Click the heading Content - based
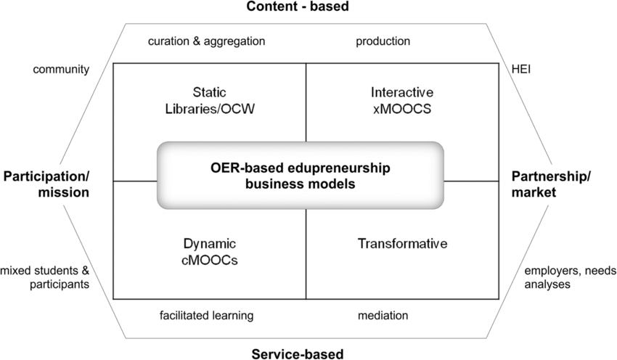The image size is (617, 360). pos(298,7)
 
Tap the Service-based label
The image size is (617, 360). pos(298,353)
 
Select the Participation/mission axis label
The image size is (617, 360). pos(45,184)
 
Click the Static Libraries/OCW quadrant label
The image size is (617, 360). pos(210,101)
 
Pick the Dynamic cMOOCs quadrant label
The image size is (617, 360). pos(210,251)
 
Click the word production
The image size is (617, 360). pos(383,41)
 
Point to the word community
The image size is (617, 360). pos(61,70)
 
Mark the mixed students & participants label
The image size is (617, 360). pos(45,277)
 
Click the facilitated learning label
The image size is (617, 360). pos(206,315)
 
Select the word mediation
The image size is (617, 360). pos(383,315)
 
